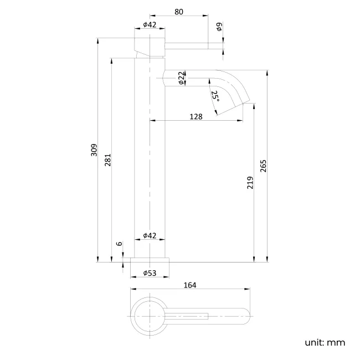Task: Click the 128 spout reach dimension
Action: click(x=196, y=116)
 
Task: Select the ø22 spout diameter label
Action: click(x=182, y=78)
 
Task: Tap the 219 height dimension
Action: click(x=250, y=182)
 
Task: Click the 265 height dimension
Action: click(x=264, y=166)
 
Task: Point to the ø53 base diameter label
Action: click(x=150, y=273)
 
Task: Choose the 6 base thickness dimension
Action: click(x=119, y=244)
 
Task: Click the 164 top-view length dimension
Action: click(x=189, y=285)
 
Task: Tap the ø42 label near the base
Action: click(x=150, y=235)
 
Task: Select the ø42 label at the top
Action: click(x=150, y=24)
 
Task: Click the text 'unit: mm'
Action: click(x=325, y=342)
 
